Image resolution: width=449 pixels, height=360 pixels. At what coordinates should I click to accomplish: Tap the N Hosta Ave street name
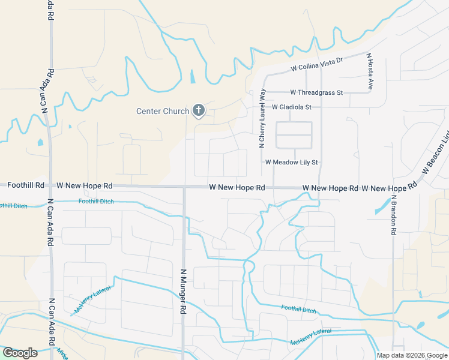click(370, 71)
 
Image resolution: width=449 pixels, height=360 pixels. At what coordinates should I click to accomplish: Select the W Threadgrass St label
click(316, 93)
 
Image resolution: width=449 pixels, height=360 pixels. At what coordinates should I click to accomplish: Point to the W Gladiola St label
click(292, 107)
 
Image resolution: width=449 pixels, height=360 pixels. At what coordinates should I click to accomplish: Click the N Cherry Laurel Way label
click(262, 118)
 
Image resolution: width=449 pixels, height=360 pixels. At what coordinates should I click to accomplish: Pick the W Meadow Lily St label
click(291, 163)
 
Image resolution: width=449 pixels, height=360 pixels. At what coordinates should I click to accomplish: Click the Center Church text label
click(163, 111)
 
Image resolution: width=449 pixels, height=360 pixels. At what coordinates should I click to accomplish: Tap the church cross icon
click(199, 110)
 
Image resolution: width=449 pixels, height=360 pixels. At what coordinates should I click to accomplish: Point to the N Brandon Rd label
click(394, 214)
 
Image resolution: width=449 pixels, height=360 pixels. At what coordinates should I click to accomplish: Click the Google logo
click(20, 353)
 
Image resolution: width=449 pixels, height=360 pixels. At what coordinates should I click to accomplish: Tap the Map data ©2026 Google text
click(412, 355)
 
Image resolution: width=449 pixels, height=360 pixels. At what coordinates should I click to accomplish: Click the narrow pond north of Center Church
click(192, 77)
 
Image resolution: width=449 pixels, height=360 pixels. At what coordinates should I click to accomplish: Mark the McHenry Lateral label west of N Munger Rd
click(93, 300)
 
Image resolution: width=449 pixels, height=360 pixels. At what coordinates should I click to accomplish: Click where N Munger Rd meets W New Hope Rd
click(184, 187)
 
